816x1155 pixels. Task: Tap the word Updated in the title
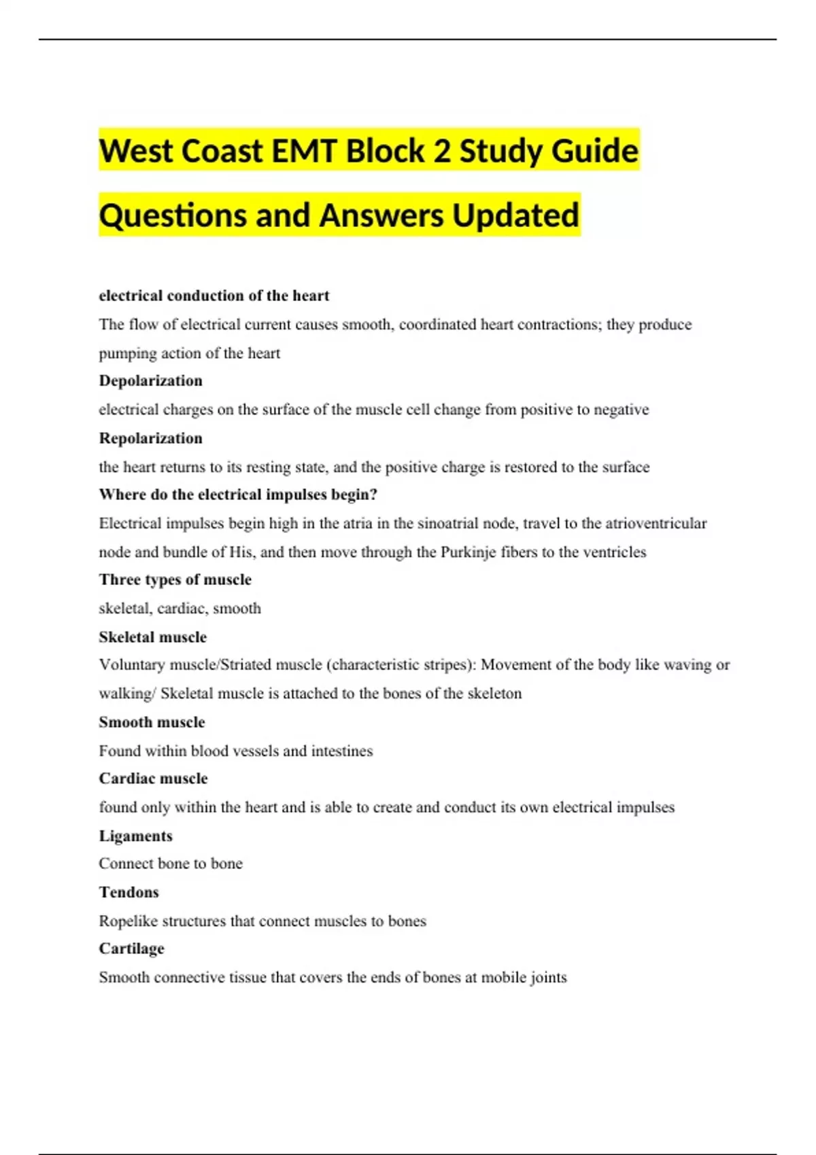point(515,215)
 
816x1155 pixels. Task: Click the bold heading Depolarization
point(150,380)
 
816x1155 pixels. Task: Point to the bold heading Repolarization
point(150,438)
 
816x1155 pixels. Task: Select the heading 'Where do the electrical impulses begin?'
point(238,495)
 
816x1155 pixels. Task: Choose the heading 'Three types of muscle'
point(175,580)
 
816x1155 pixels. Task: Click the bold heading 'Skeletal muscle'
point(152,637)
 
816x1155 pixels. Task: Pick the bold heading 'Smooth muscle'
point(152,722)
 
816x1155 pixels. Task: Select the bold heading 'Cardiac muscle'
point(153,779)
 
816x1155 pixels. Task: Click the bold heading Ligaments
point(135,836)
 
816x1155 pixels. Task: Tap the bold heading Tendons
point(129,892)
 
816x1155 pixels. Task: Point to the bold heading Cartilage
point(131,948)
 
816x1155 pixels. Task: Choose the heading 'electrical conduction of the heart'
point(214,296)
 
